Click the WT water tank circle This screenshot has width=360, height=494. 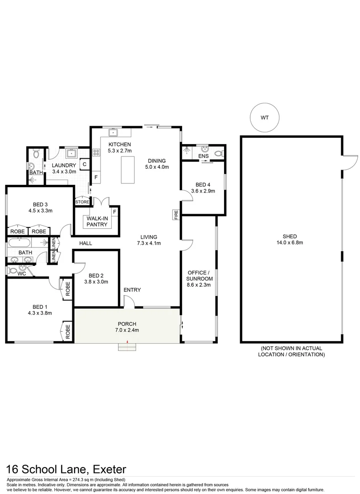264,117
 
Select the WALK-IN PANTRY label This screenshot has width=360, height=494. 97,221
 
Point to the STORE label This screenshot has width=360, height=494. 82,202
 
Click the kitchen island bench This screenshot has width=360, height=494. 128,169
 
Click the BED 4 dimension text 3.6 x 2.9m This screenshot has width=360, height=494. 203,191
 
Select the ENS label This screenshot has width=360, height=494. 204,156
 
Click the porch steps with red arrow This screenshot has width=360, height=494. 128,347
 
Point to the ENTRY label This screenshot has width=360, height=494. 132,290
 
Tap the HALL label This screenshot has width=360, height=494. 86,243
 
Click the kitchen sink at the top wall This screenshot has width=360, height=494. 113,133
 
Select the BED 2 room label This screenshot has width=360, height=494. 96,275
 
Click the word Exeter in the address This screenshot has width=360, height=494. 110,469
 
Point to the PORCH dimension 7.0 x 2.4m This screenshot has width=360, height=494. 127,330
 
